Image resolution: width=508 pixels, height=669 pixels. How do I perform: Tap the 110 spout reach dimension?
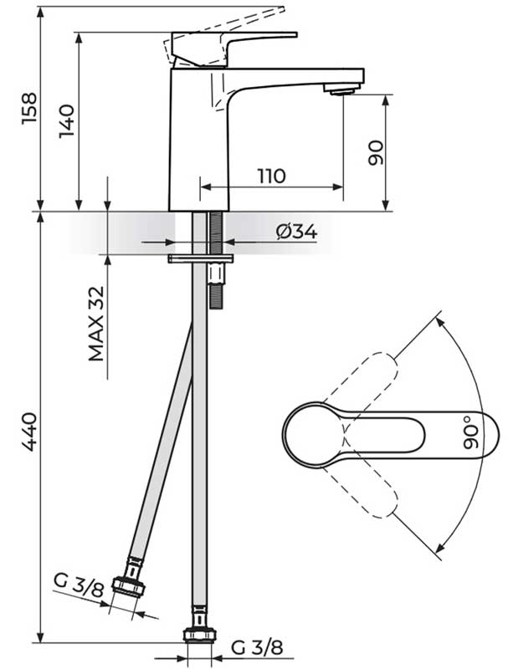(271, 176)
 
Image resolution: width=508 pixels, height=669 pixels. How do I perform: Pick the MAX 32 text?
(98, 323)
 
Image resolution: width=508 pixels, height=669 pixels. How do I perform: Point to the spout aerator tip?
(340, 90)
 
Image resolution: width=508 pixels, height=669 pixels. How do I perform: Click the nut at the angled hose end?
(132, 579)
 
